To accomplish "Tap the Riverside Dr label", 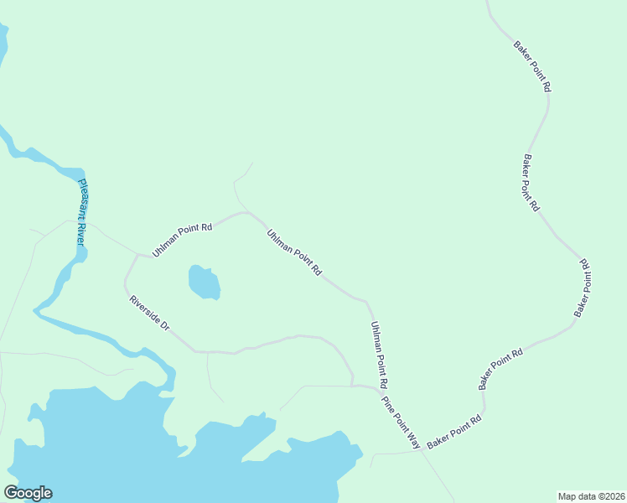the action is (x=149, y=312).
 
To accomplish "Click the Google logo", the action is (x=28, y=493).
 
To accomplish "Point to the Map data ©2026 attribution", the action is (x=591, y=495).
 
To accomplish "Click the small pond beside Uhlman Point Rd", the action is (x=204, y=283).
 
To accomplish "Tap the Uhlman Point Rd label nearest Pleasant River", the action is (x=183, y=240).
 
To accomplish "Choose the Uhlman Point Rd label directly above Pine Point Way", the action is (x=378, y=355).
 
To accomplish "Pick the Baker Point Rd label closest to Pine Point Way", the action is (x=453, y=431).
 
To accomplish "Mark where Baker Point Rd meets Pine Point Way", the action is (x=420, y=451).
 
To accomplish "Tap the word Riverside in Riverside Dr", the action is (x=146, y=309).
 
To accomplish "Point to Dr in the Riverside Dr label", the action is (x=165, y=325).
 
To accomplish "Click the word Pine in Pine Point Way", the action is (x=387, y=402).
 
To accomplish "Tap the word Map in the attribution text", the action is (x=567, y=495).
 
